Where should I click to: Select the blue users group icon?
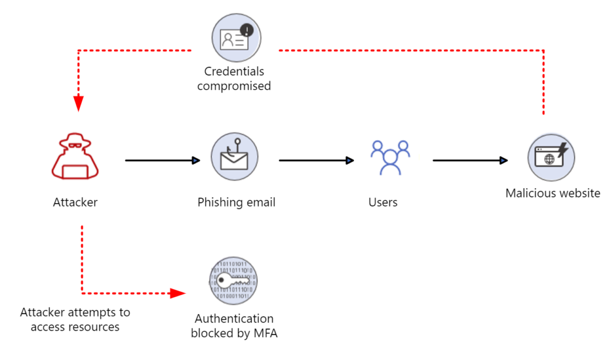pyautogui.click(x=390, y=158)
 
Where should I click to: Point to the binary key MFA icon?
pyautogui.click(x=233, y=281)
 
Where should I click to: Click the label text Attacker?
pyautogui.click(x=75, y=202)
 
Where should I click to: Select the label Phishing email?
pyautogui.click(x=236, y=202)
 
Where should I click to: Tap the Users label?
pyautogui.click(x=383, y=202)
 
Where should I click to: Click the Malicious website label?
pyautogui.click(x=553, y=193)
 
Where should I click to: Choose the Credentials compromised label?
pyautogui.click(x=234, y=79)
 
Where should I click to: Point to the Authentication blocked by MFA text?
pyautogui.click(x=234, y=326)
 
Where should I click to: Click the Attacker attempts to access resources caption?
pyautogui.click(x=75, y=319)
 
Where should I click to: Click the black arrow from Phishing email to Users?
pyautogui.click(x=316, y=161)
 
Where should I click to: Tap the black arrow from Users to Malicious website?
pyautogui.click(x=470, y=161)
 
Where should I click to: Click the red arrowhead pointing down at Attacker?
pyautogui.click(x=79, y=104)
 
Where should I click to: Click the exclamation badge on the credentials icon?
pyautogui.click(x=246, y=30)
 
